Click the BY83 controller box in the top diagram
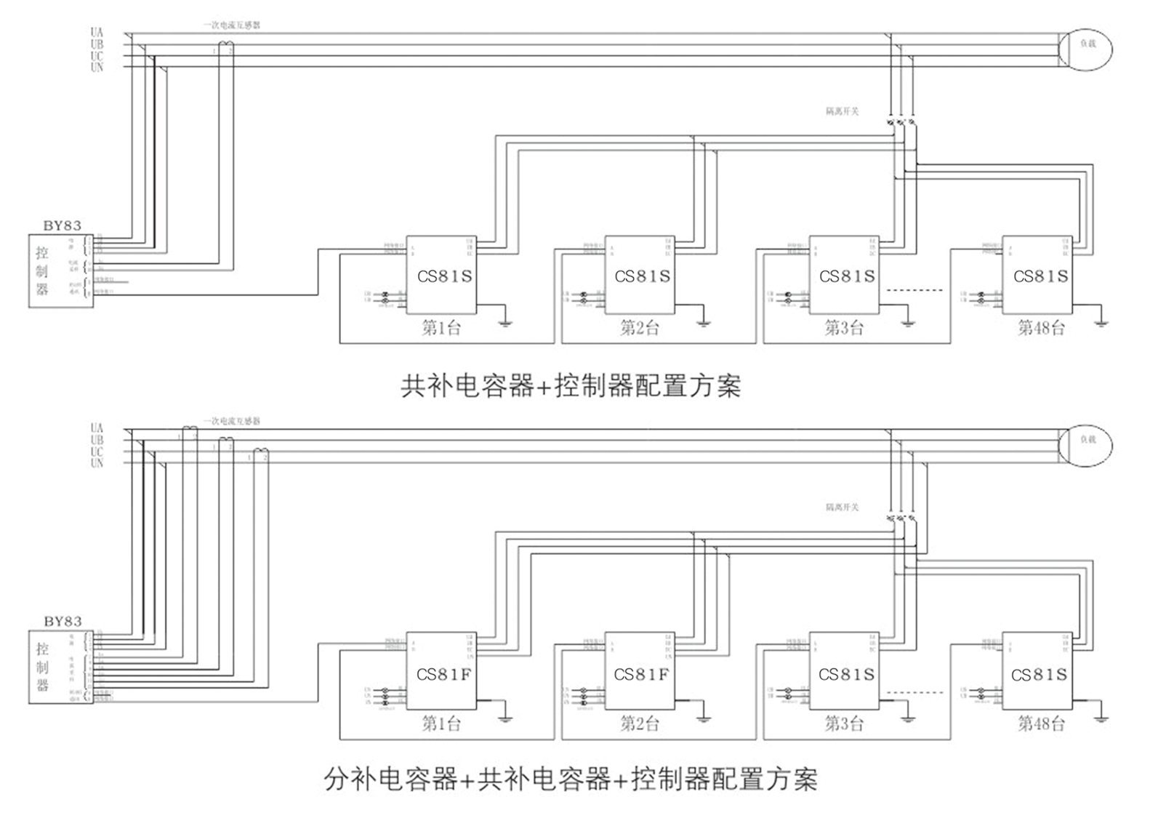point(61,270)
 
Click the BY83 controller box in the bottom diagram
point(61,667)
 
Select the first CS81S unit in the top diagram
point(442,276)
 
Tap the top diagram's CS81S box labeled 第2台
point(640,276)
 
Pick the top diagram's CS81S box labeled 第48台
point(1039,276)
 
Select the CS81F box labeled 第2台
point(640,671)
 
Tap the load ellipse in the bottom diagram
point(1086,441)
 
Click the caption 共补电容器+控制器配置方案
point(571,385)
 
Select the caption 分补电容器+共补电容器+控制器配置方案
point(571,779)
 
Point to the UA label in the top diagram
point(97,33)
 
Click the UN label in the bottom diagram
point(97,464)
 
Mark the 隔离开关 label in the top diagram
point(842,111)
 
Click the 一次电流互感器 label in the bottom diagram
point(231,421)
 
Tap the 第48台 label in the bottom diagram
point(1041,723)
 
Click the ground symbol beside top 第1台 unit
point(505,321)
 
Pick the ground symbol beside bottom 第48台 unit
point(1101,718)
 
